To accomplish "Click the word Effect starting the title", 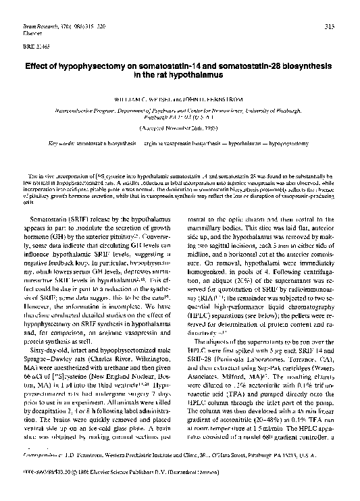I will tap(39, 67).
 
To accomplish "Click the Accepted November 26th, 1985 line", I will tap(180, 127).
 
